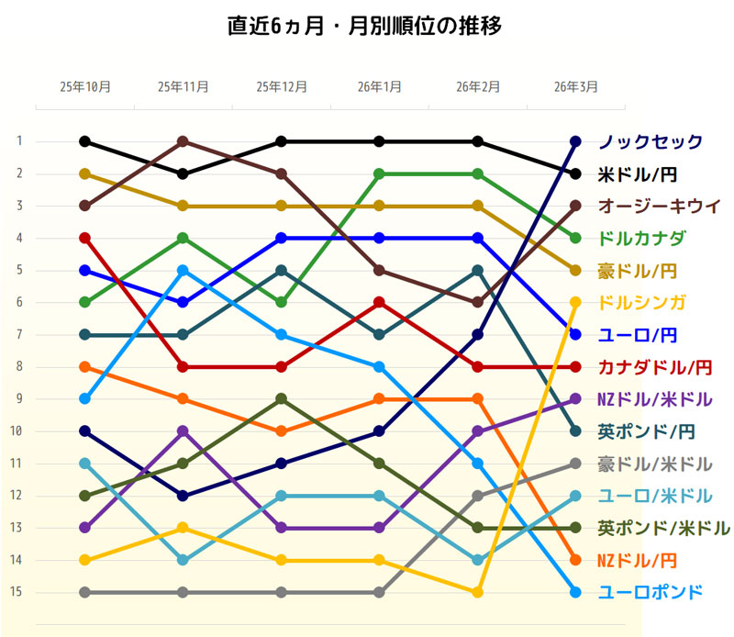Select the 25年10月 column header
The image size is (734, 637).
85,87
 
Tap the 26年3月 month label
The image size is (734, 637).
575,87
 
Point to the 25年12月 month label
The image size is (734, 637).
282,87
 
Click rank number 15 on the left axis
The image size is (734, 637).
17,592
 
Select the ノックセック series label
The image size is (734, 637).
651,141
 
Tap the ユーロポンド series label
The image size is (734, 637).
651,592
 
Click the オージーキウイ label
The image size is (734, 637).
659,206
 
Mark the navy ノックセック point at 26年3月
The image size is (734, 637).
575,141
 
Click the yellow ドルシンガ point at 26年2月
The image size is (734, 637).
477,592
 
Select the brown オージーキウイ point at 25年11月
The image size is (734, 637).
183,141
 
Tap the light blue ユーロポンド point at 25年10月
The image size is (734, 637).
85,398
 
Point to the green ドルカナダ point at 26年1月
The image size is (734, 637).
379,173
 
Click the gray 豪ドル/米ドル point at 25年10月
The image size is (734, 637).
85,592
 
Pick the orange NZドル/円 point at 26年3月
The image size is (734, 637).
575,560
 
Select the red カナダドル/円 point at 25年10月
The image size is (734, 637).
85,238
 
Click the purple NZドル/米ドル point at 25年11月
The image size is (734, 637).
183,430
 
